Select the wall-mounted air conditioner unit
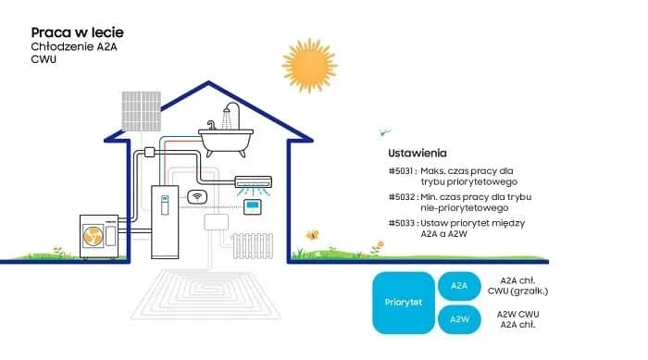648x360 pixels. (254, 182)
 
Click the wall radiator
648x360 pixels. (251, 245)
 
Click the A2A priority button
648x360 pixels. (459, 286)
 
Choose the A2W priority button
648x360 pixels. (459, 319)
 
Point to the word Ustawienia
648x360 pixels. (417, 152)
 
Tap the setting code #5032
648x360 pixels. (402, 197)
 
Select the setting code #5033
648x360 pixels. (402, 224)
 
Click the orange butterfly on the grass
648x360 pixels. (313, 235)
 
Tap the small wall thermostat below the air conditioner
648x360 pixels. (252, 206)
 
